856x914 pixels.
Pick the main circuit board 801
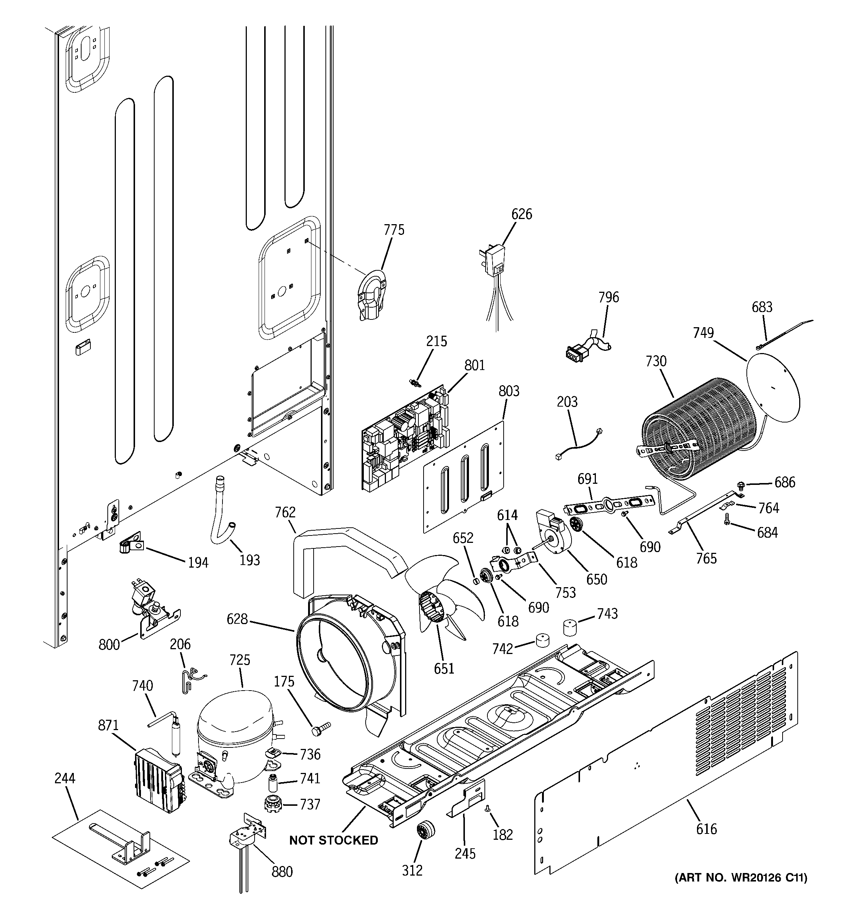[x=404, y=437]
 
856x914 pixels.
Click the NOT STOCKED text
[x=334, y=840]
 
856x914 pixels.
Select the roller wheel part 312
[x=424, y=833]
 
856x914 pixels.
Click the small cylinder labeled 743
[x=570, y=627]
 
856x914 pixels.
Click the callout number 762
[x=285, y=512]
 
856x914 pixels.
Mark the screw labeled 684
[x=726, y=531]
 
